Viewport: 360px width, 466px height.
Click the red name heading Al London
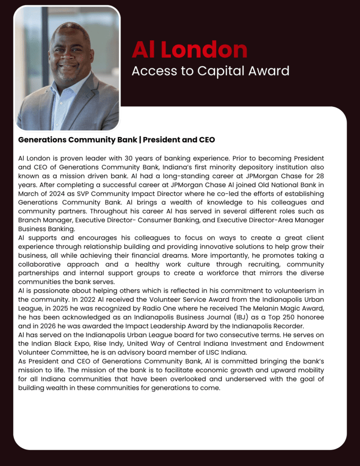(189, 50)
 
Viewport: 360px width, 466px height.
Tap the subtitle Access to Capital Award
(210, 71)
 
